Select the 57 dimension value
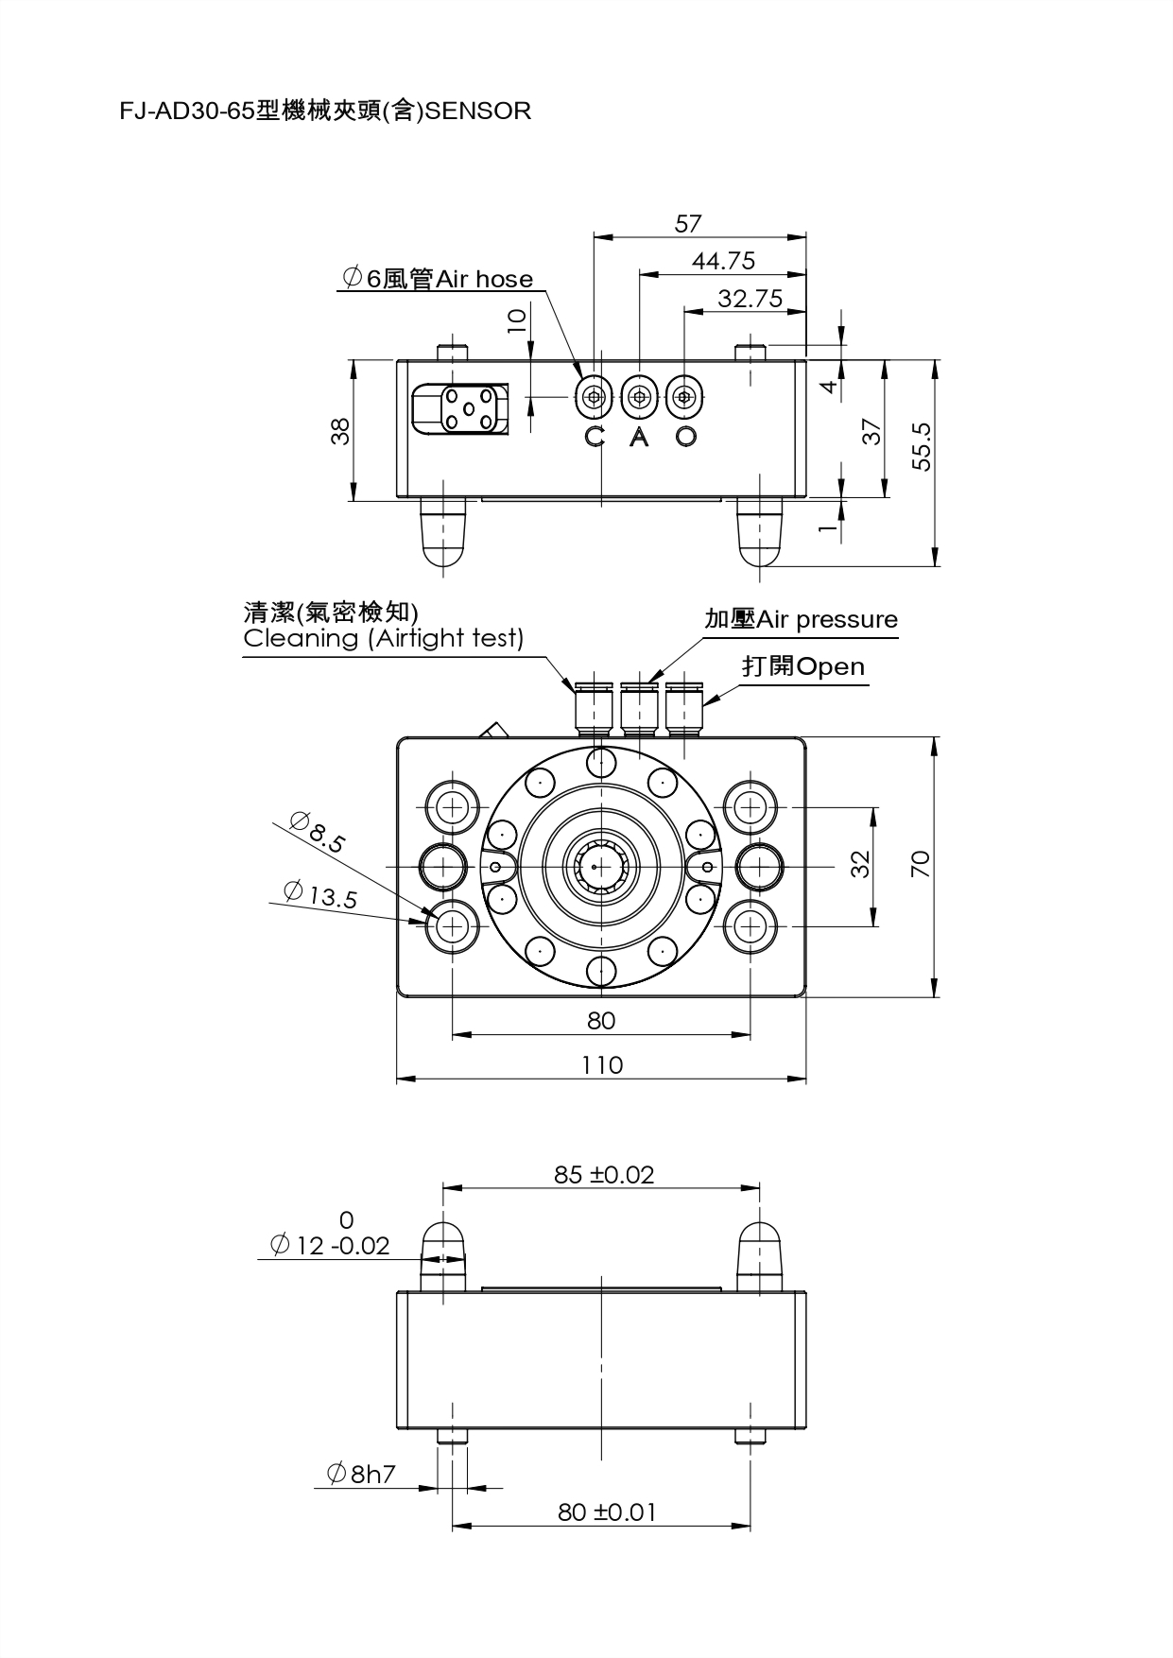point(688,224)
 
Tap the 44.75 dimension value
point(723,261)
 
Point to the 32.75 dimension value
point(750,299)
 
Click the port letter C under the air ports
point(594,437)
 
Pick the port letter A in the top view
point(640,437)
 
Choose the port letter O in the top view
point(687,437)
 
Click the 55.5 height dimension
point(923,446)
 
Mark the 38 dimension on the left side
point(342,431)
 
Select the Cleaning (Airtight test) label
point(383,638)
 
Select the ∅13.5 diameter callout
point(321,894)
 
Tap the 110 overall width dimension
point(602,1065)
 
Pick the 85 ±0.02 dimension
point(603,1175)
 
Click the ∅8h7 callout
point(361,1474)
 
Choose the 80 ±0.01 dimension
point(606,1512)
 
